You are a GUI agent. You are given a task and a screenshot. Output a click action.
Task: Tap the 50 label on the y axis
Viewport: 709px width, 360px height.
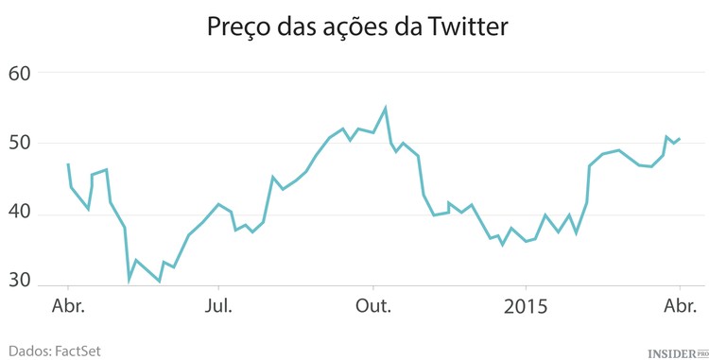tap(19, 144)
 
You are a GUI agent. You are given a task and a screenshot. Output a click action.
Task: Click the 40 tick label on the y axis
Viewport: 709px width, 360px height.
tap(19, 214)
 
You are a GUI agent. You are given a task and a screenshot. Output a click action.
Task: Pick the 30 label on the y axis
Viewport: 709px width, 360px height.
tap(19, 281)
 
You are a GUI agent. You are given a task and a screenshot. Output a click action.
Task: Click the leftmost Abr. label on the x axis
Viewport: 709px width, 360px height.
tap(68, 306)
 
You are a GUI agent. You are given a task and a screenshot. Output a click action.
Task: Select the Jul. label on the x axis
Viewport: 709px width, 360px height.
tap(219, 306)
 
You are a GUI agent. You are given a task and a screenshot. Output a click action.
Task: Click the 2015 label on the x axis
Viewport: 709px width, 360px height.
tap(527, 306)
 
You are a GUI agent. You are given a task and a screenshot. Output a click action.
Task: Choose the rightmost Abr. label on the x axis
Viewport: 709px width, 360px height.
tap(680, 306)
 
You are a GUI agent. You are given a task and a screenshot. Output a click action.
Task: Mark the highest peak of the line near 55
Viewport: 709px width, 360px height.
tap(385, 108)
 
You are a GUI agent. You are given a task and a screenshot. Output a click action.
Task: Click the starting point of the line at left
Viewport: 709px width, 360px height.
tap(68, 163)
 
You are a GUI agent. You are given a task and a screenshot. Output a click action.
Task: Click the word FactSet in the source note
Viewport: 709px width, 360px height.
tap(77, 351)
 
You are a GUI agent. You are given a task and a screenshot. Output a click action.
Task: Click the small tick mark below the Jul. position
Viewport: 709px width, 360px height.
tap(219, 287)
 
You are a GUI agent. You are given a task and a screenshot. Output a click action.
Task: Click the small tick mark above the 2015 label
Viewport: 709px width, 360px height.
tap(527, 287)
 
